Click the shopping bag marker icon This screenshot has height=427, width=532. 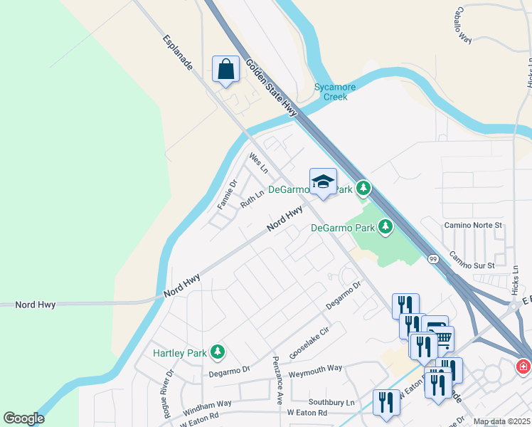coord(225,70)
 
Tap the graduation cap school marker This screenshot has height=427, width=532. coord(323,181)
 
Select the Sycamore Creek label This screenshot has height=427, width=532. coord(335,92)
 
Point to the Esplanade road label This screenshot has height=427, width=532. coord(178,53)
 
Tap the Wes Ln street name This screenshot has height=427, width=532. coord(258,163)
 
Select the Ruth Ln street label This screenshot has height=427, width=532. coord(248,199)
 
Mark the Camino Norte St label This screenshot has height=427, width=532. coord(473,225)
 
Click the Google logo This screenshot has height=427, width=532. coord(23,418)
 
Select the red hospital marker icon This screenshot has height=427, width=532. coord(523,367)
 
